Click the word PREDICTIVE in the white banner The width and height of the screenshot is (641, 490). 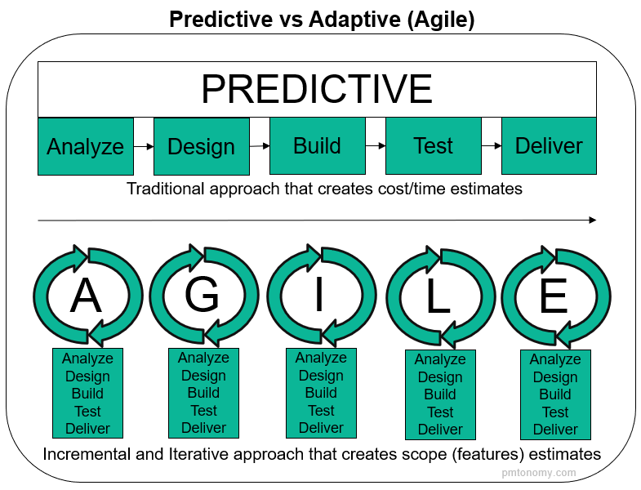[x=317, y=88]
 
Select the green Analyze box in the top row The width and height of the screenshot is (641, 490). [x=86, y=146]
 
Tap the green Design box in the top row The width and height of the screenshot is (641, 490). [x=201, y=146]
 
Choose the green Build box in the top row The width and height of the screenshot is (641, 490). [x=317, y=145]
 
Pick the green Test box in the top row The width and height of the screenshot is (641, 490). [x=433, y=145]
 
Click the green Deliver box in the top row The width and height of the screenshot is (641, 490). [x=549, y=145]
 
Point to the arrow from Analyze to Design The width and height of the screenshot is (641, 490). [x=144, y=146]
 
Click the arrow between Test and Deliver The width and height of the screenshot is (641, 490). [x=491, y=146]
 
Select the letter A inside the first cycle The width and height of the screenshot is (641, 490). [x=86, y=296]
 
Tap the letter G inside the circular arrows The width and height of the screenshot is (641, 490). [x=202, y=295]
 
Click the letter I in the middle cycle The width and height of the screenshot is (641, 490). [x=319, y=296]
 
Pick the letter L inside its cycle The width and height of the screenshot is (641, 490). [x=438, y=297]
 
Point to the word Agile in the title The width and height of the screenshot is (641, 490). [x=441, y=20]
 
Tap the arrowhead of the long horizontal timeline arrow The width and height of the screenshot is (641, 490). [x=592, y=220]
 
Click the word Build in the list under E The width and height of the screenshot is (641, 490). [x=555, y=394]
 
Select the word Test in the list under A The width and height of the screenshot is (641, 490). [x=87, y=411]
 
